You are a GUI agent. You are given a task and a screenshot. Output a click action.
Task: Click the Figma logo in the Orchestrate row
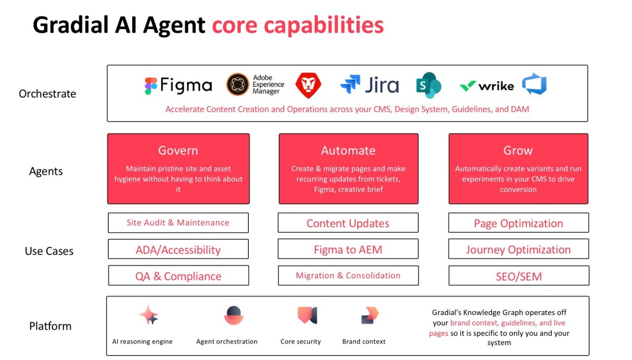pyautogui.click(x=178, y=86)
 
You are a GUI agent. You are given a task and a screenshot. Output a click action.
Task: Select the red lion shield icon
pyautogui.click(x=308, y=85)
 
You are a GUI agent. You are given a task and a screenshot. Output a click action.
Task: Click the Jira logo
pyautogui.click(x=369, y=85)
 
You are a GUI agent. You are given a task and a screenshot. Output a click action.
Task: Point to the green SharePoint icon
pyautogui.click(x=428, y=85)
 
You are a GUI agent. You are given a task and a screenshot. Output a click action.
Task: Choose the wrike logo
pyautogui.click(x=487, y=86)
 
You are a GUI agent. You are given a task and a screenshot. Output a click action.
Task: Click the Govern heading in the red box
pyautogui.click(x=178, y=150)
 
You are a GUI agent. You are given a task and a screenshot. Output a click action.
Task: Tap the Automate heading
pyautogui.click(x=348, y=150)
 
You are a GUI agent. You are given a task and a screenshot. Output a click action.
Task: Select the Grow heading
pyautogui.click(x=518, y=150)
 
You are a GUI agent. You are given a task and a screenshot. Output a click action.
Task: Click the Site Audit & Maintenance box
pyautogui.click(x=178, y=223)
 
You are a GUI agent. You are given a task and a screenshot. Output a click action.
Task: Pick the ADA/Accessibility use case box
pyautogui.click(x=178, y=249)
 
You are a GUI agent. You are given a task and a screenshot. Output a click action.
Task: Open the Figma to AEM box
pyautogui.click(x=348, y=249)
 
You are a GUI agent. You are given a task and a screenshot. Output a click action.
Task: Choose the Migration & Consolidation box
pyautogui.click(x=348, y=275)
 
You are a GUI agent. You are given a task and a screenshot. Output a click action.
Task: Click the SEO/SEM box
pyautogui.click(x=518, y=276)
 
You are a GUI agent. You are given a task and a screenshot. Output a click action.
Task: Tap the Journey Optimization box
pyautogui.click(x=518, y=249)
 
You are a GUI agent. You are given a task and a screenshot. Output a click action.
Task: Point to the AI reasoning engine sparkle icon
pyautogui.click(x=149, y=316)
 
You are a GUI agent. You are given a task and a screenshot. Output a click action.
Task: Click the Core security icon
pyautogui.click(x=307, y=315)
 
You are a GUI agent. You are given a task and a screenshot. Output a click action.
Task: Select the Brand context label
pyautogui.click(x=364, y=341)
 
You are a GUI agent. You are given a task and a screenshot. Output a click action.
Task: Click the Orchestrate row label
pyautogui.click(x=48, y=94)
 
